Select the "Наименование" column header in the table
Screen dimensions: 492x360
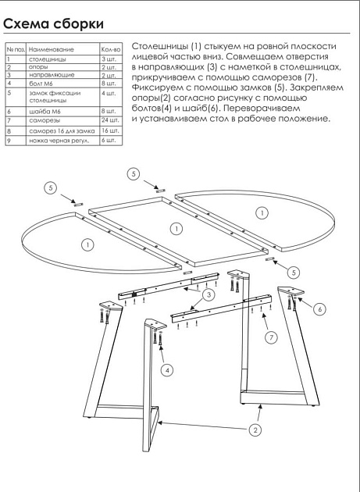coord(50,48)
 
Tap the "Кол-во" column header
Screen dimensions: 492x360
coord(110,48)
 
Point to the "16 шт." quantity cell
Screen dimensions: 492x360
coord(110,131)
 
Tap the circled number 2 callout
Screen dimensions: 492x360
coord(255,429)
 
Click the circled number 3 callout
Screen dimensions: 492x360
coord(209,294)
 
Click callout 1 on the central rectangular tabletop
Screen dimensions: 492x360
coord(177,228)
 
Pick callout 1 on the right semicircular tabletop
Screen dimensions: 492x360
coord(262,212)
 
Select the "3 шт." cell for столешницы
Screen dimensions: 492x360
coord(110,59)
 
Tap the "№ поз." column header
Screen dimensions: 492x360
coord(13,48)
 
